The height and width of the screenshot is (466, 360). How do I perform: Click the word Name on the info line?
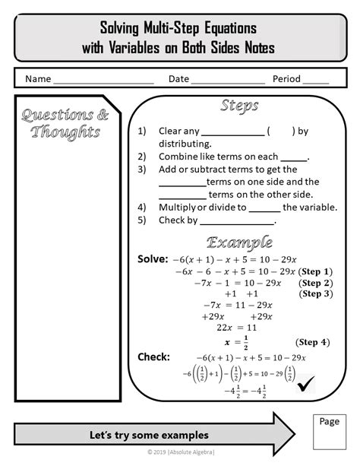(38, 79)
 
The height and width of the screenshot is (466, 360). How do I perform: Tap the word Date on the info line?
(178, 79)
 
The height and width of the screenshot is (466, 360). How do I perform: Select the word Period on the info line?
(286, 79)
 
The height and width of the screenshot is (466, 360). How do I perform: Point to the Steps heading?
(239, 105)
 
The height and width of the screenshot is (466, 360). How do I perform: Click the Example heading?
(239, 243)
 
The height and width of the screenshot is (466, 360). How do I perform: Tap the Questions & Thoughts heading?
(65, 123)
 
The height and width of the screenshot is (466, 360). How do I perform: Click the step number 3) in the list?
(142, 170)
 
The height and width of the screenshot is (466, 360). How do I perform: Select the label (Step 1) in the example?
(315, 271)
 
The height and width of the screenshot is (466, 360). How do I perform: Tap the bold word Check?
(153, 357)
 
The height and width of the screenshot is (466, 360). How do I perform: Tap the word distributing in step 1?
(185, 143)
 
